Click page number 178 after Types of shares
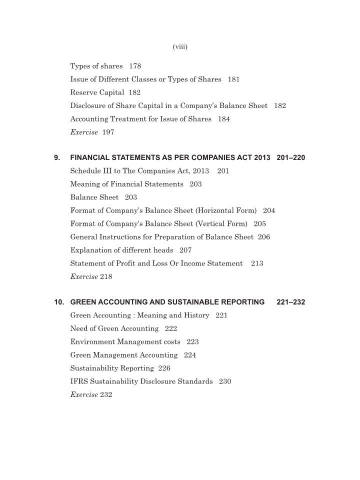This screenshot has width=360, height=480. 135,66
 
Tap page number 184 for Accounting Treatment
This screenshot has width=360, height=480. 223,119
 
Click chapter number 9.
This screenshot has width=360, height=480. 57,158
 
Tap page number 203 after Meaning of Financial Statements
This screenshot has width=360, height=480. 195,184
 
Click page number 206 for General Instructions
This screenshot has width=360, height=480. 263,237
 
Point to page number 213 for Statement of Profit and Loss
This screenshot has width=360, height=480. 257,263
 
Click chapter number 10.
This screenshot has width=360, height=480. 59,302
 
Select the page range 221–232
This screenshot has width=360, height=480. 291,302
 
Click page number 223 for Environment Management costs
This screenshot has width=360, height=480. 192,342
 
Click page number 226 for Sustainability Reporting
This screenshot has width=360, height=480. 164,368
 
